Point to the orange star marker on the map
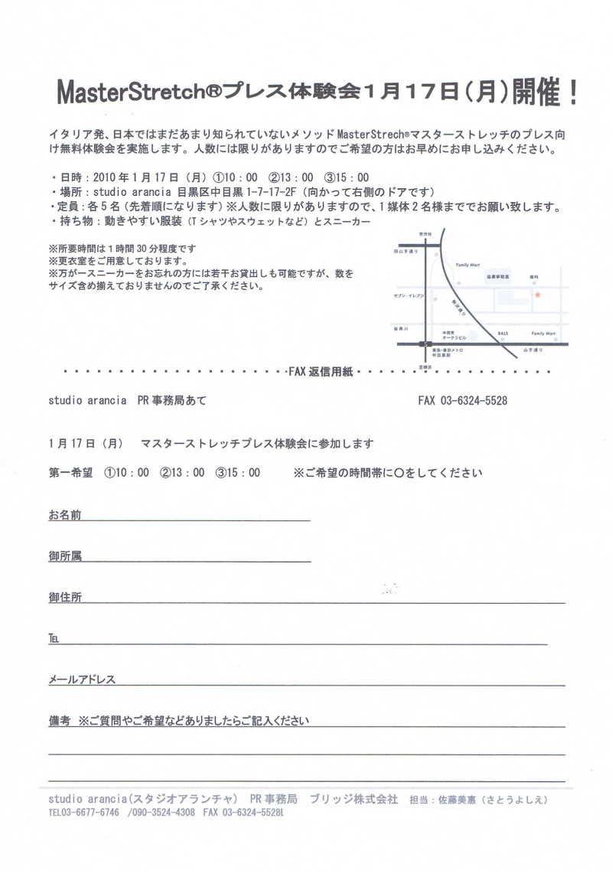(x=537, y=295)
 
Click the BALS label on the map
(x=503, y=334)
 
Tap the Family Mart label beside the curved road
(x=467, y=264)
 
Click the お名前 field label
(x=64, y=514)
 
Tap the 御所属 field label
(x=64, y=555)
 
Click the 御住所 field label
(x=64, y=597)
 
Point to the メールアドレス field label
(x=82, y=679)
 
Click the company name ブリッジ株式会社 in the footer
(x=353, y=799)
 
